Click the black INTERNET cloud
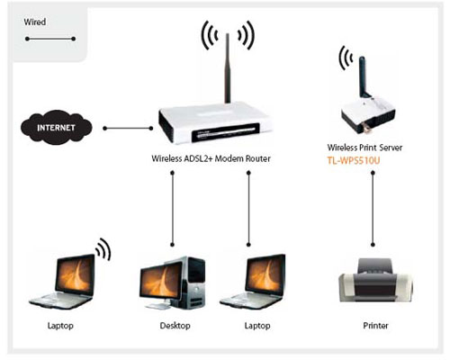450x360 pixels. pos(57,128)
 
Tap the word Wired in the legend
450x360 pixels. pos(35,22)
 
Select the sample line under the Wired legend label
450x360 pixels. pos(50,39)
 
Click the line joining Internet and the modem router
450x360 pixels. pos(128,129)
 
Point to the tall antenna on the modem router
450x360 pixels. pos(228,68)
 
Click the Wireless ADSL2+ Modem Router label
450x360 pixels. pos(211,158)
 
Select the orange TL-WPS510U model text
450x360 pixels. pos(354,161)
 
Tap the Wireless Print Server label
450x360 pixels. pos(364,148)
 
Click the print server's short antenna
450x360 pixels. pos(363,76)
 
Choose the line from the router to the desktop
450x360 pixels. pos(172,209)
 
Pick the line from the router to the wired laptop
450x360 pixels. pos(248,209)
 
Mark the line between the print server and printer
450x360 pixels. pos(373,209)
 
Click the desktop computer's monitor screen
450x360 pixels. pos(162,281)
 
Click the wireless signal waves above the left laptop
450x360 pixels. pos(103,249)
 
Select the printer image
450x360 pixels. pos(375,280)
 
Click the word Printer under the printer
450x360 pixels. pos(375,326)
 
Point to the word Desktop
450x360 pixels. pos(175,326)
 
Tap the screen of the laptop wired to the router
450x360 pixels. pos(265,275)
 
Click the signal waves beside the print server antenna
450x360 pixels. pos(345,58)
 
